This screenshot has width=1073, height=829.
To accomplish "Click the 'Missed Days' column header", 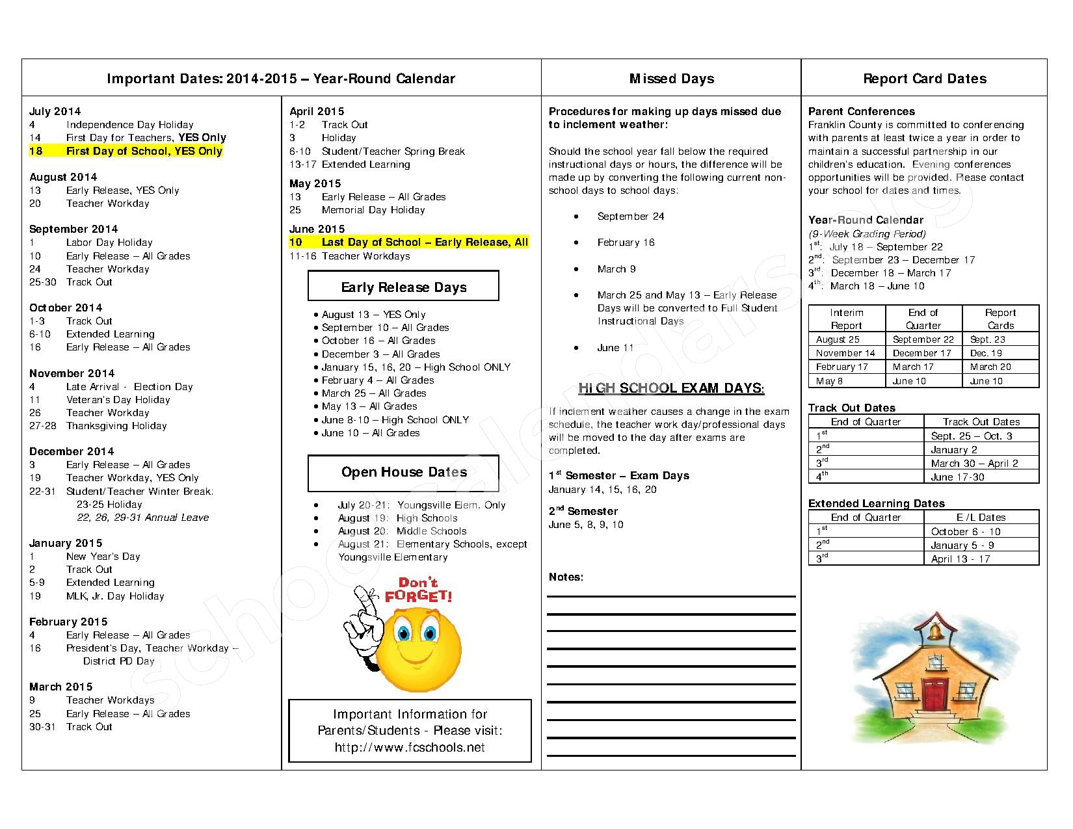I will coord(671,79).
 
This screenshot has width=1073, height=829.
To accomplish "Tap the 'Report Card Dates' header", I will coord(924,79).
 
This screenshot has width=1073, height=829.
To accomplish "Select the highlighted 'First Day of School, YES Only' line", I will coord(144,151).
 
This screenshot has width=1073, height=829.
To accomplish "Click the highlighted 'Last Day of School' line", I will coord(424,242).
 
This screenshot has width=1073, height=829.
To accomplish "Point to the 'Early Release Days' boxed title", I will coord(403,287).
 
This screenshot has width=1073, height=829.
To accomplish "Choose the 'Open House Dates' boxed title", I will coord(403,472).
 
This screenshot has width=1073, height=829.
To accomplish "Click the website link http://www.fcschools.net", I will coord(410,747).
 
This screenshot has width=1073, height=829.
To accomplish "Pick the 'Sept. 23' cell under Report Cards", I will coord(987,339).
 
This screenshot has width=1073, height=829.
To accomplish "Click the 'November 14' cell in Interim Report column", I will coord(845,353).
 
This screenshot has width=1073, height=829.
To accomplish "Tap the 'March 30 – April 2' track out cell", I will coord(974,464).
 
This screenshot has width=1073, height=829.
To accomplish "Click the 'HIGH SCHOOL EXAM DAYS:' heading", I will coord(671,389).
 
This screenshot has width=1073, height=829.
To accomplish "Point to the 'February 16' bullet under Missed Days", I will coord(626,243).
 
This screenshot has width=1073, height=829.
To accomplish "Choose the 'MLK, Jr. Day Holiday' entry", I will coord(115,596).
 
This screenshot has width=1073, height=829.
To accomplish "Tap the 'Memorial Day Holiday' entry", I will coord(373,210).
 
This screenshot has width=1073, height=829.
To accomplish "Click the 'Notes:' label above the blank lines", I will coord(566,577).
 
